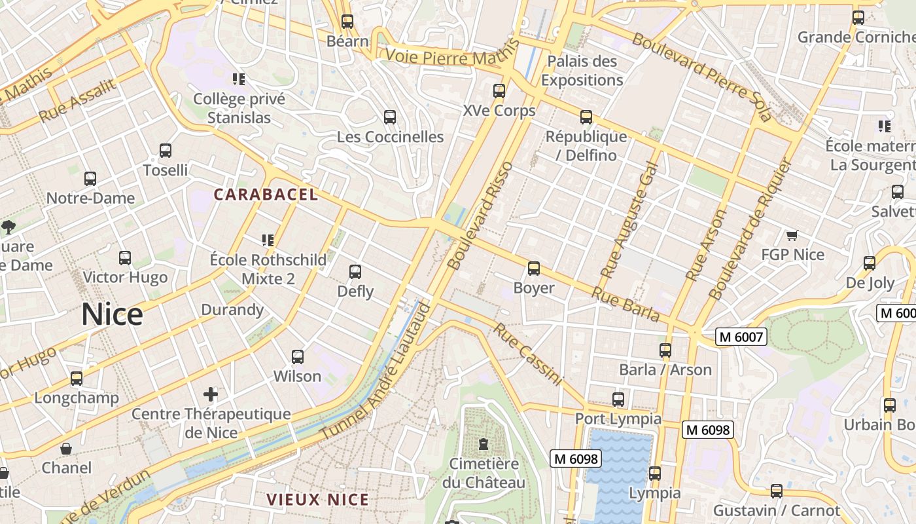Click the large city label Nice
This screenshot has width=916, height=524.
coord(112,315)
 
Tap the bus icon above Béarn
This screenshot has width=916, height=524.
coord(347,22)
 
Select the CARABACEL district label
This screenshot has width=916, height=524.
coord(266,195)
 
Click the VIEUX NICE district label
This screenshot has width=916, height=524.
coord(317,500)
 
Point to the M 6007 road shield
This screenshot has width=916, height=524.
coord(741,337)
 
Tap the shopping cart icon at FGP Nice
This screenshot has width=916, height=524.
coord(792,235)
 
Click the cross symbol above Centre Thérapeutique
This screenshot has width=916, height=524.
coord(211,394)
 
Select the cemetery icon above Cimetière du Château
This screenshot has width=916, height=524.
coord(484,444)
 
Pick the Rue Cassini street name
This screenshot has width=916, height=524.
coord(527,354)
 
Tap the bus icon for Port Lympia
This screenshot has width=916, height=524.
coord(618,399)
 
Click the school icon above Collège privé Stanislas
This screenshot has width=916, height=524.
coord(239,79)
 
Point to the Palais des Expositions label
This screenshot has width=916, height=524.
coord(582,71)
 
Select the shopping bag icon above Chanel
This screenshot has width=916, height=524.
coord(66,449)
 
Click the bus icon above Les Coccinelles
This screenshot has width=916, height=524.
coord(390,117)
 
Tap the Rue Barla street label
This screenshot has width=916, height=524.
coord(625,304)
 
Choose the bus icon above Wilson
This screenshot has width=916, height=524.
coord(298,357)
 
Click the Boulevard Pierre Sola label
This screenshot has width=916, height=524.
coord(702,76)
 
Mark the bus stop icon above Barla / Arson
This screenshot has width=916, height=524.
coord(665,350)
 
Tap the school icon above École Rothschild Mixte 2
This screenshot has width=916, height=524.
coord(268,240)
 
